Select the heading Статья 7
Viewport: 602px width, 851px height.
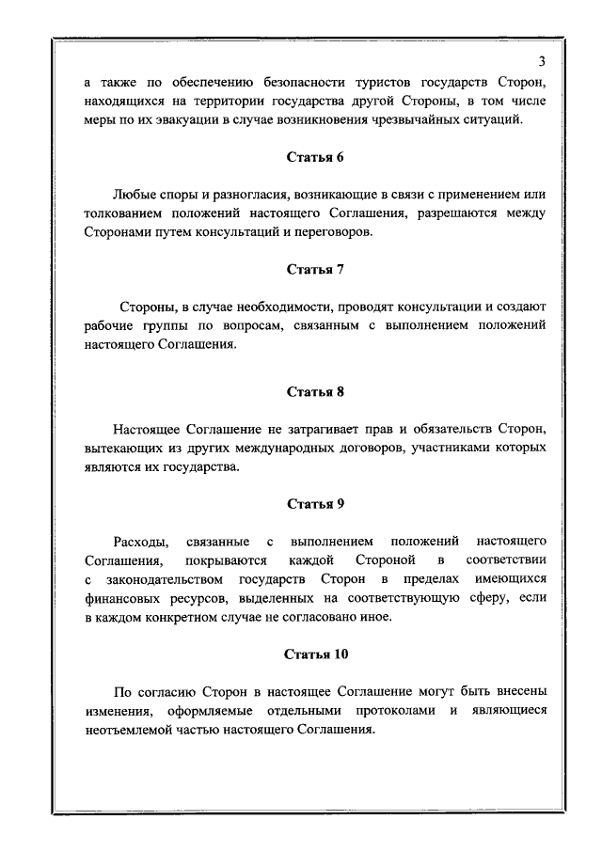[315, 269]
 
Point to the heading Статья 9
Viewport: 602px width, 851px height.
[315, 504]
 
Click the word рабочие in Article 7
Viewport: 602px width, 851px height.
[109, 326]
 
